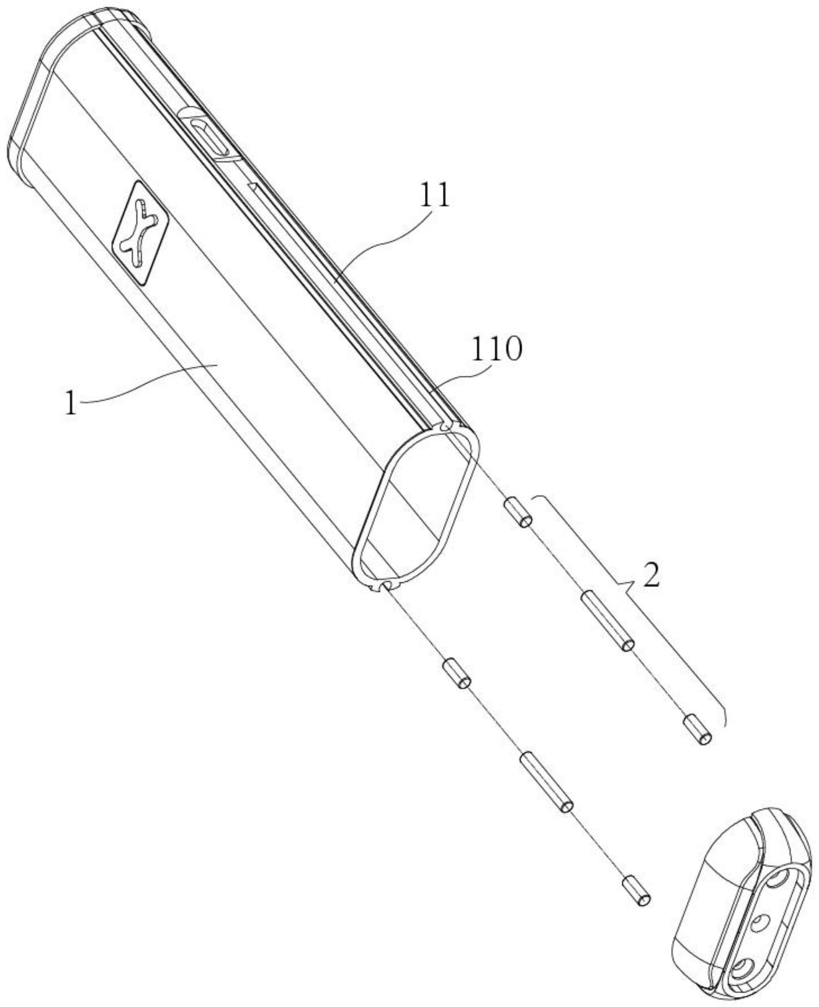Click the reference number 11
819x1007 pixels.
tap(435, 195)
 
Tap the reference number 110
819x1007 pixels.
tap(497, 350)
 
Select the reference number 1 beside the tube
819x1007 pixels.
tap(71, 404)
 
